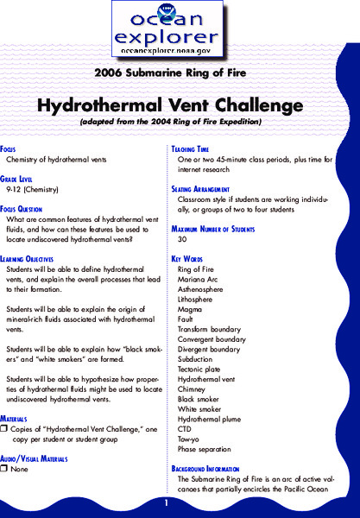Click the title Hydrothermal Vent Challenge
tap(179, 105)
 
